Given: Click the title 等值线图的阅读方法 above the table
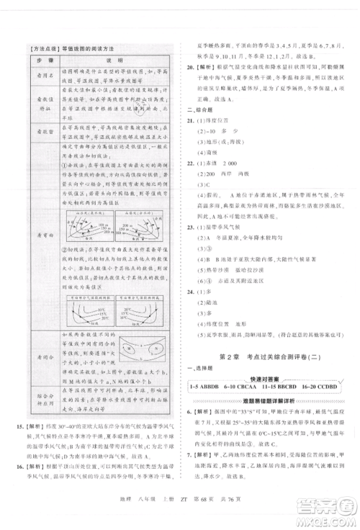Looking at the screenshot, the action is point(91,48).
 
